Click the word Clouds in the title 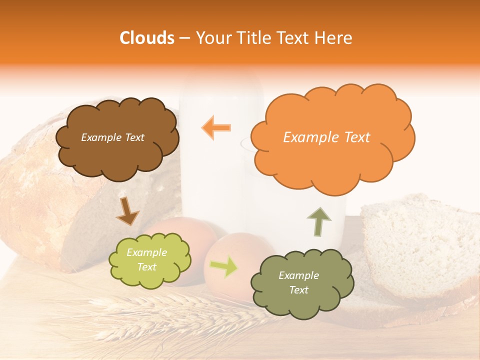point(146,38)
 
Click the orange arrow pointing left point(216,127)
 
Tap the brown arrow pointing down point(127,211)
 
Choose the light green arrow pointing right point(224,267)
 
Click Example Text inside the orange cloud point(326,137)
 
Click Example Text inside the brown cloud point(112,137)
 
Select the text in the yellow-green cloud point(147,260)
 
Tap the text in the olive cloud point(299,283)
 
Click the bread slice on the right point(420,245)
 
